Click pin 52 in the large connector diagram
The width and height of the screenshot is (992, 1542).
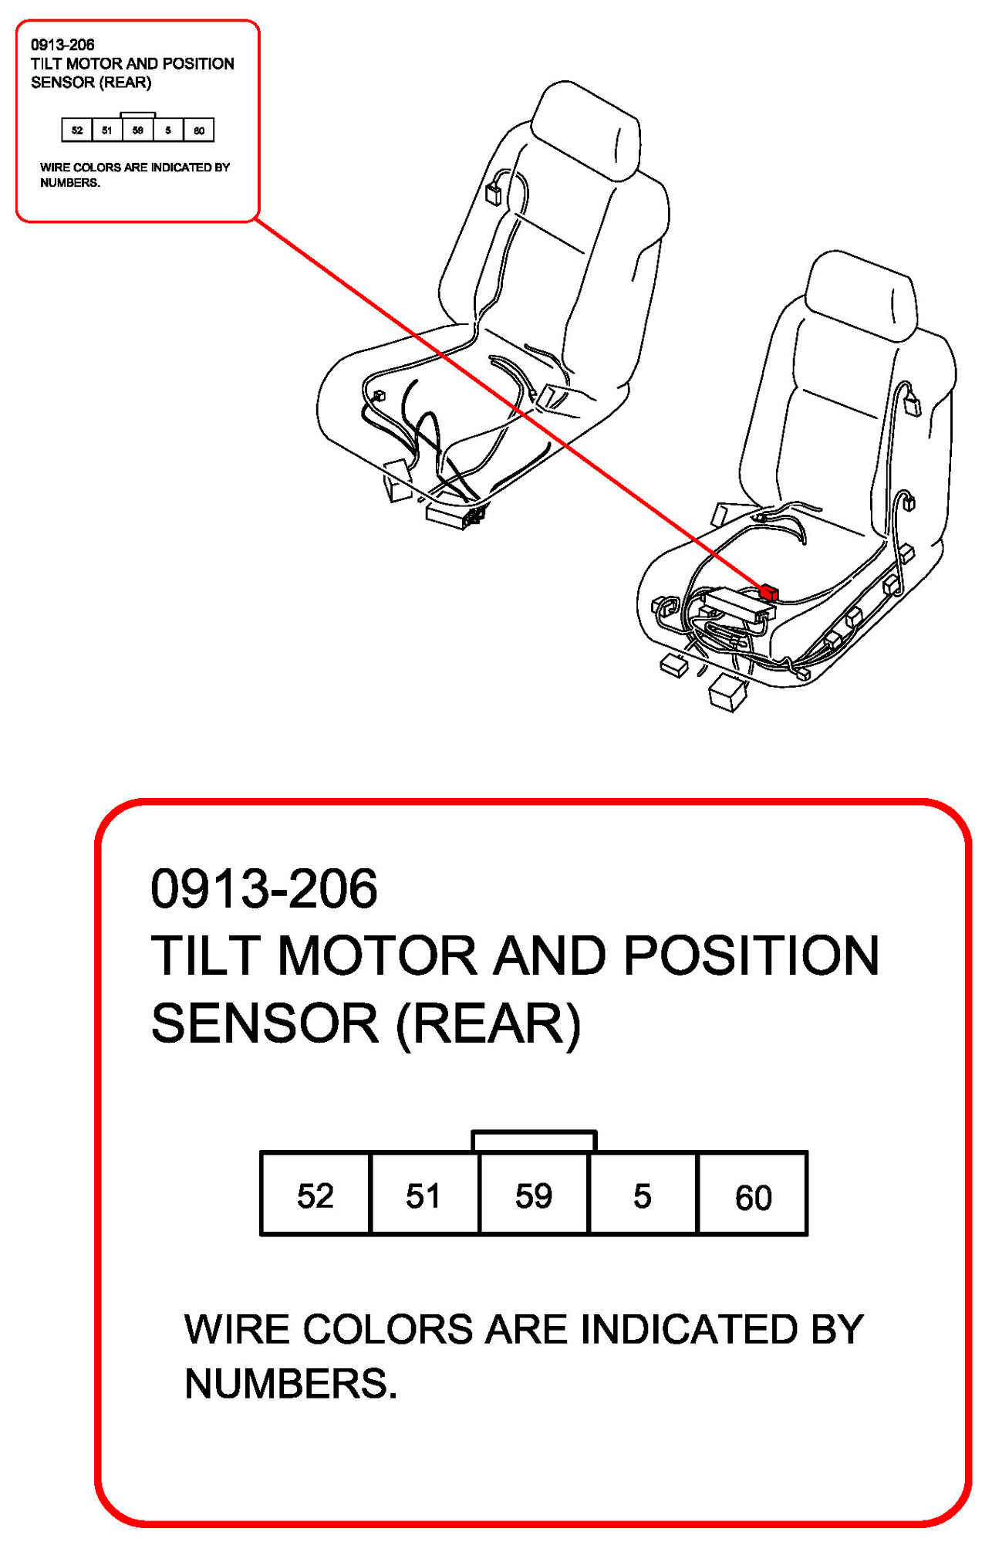pos(315,1195)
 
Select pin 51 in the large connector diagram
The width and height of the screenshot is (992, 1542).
pos(424,1195)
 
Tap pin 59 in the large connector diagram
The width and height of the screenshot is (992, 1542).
pos(534,1195)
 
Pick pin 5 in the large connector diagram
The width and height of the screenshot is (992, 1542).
pos(643,1195)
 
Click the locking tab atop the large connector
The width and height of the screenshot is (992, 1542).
pos(534,1141)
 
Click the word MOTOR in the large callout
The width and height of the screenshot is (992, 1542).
pos(377,955)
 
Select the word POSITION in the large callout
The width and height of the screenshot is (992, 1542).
pos(751,955)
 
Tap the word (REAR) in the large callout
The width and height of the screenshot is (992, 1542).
pos(488,1023)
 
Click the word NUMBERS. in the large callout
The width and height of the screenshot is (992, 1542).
pos(291,1383)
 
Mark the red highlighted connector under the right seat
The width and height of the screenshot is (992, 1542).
pos(768,592)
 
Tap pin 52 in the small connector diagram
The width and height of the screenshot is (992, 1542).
pos(77,130)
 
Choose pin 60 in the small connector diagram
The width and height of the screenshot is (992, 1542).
pos(199,130)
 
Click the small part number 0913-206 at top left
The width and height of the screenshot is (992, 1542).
pos(62,45)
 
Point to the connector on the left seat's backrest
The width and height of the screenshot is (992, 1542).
pos(494,193)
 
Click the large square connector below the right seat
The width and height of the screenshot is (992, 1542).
pos(727,691)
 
